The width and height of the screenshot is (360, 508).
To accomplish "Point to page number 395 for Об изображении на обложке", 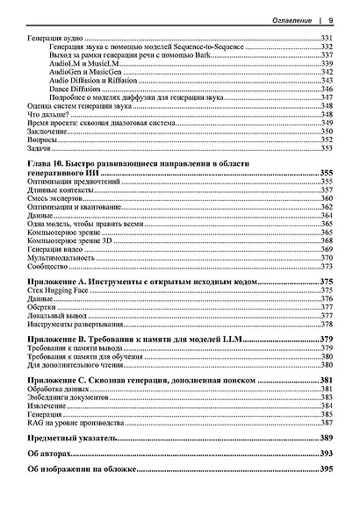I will point(326,470).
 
